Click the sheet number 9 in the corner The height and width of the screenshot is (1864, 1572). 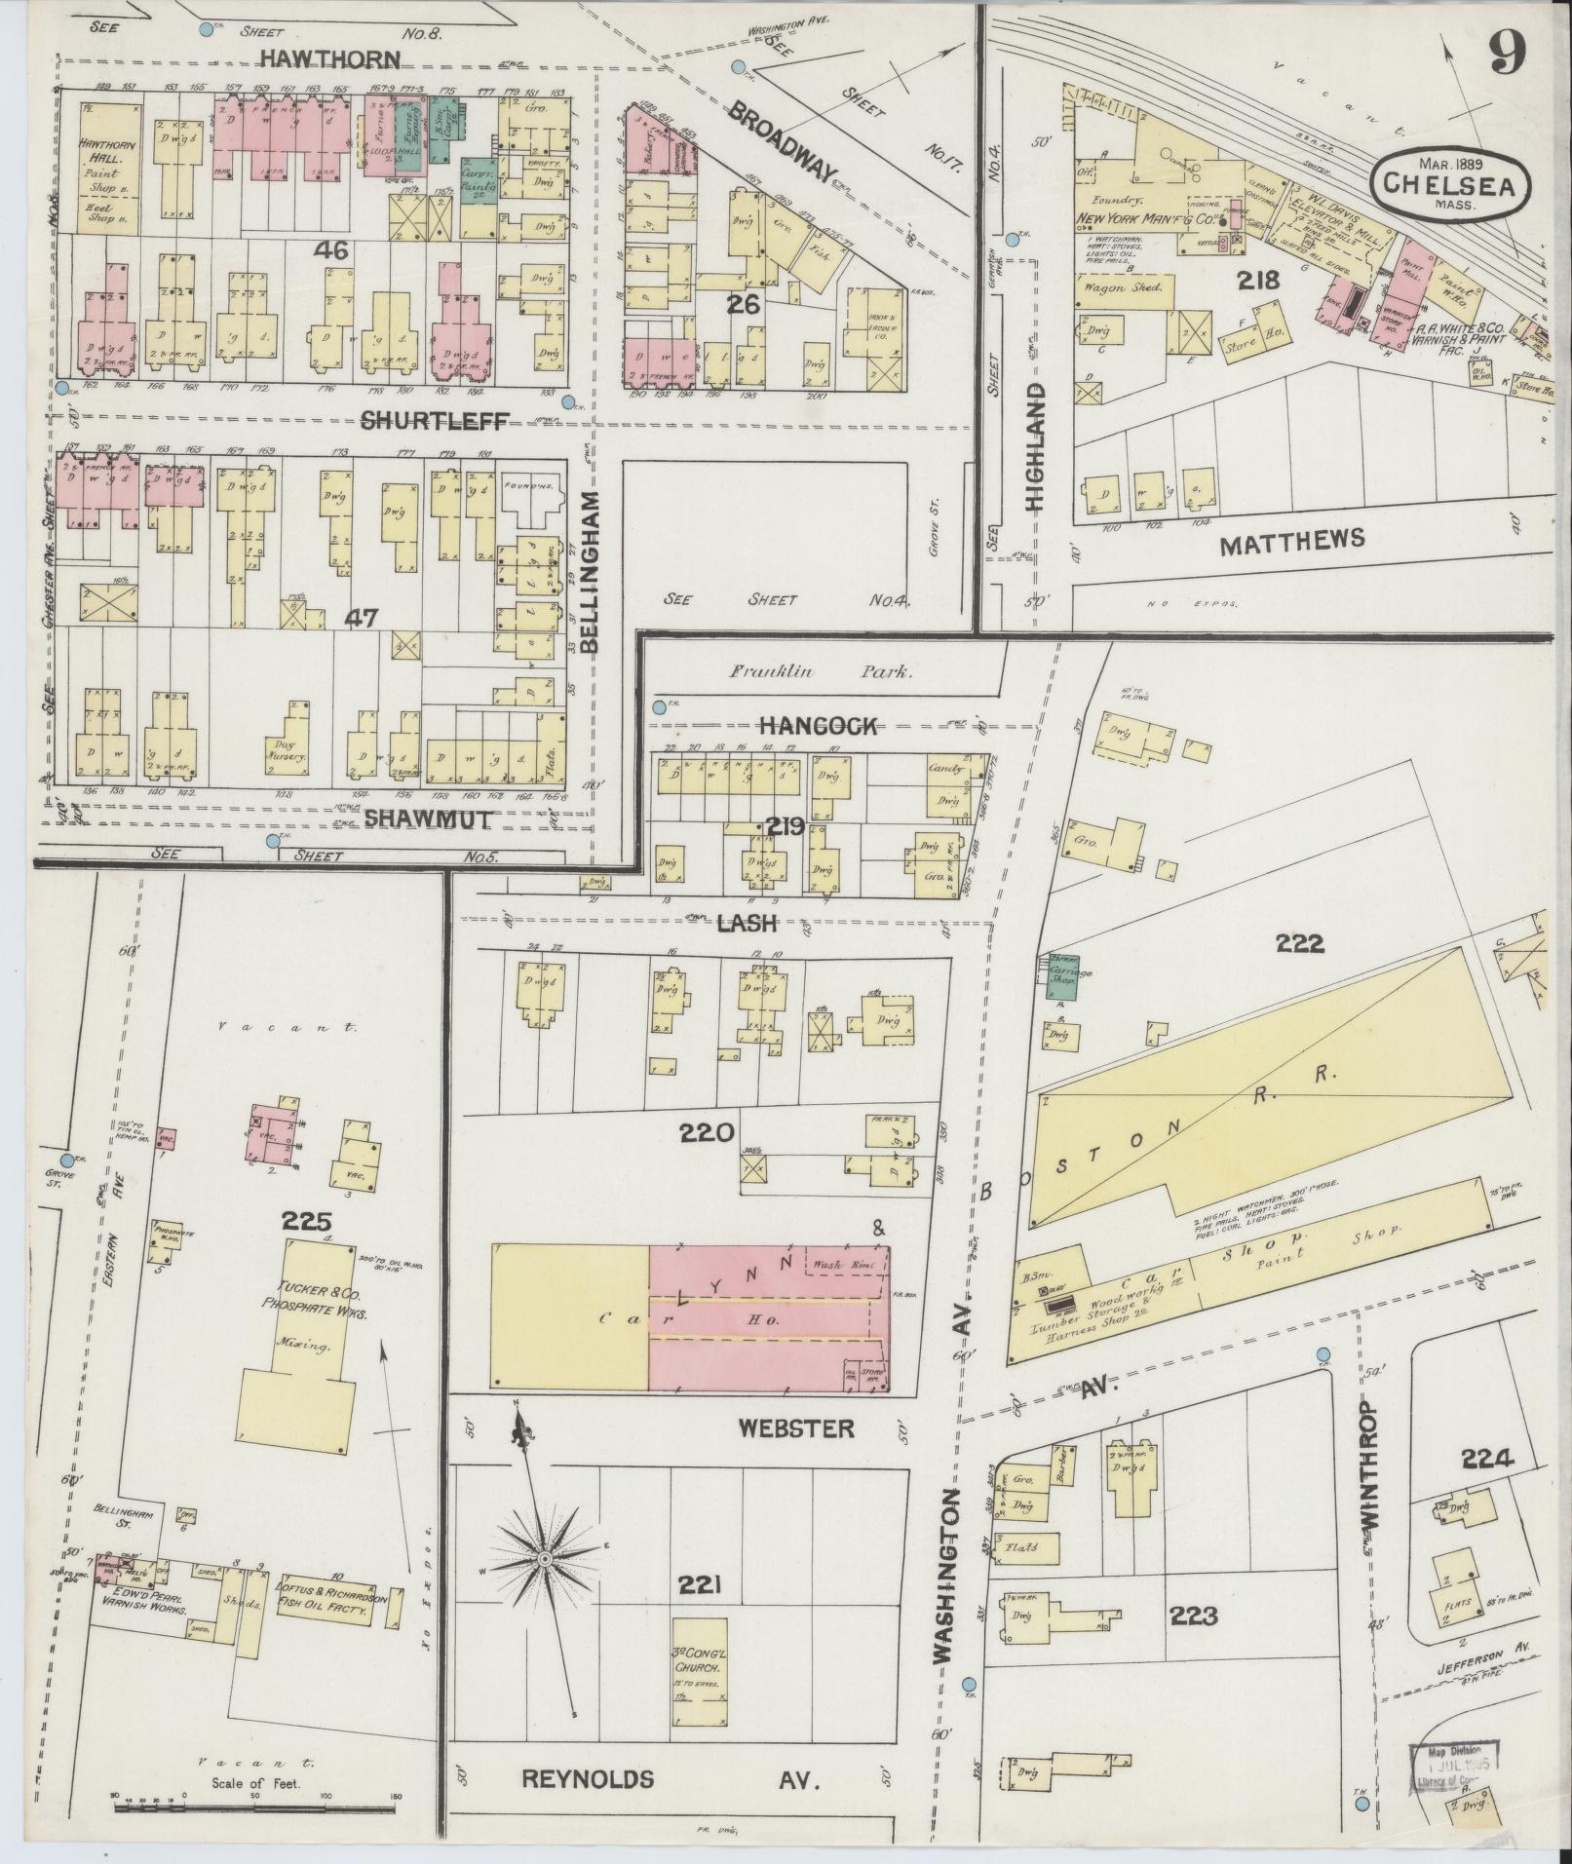coord(1506,53)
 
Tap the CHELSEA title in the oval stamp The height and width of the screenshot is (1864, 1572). coord(1449,183)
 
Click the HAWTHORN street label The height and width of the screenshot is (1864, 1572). coord(329,59)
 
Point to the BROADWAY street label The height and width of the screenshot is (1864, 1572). coord(781,139)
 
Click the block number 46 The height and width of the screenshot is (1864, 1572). coord(331,251)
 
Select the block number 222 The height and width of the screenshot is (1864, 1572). coord(1300,943)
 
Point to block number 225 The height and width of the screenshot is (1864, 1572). coord(307,1221)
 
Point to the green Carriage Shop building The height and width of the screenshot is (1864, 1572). coord(1063,979)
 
